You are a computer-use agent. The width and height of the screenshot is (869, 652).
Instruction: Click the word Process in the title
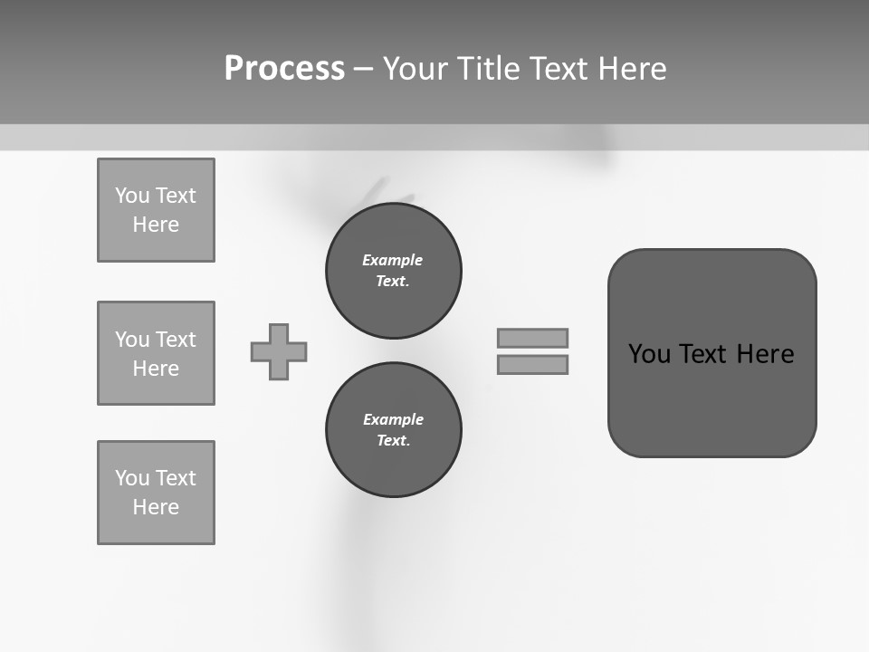(x=284, y=69)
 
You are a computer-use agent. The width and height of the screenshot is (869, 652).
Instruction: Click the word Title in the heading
(x=485, y=69)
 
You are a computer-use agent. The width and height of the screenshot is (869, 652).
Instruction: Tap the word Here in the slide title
(x=631, y=69)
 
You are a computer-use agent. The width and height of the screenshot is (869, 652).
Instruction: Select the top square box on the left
(x=156, y=210)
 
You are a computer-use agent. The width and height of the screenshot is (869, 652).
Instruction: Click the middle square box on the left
(x=156, y=353)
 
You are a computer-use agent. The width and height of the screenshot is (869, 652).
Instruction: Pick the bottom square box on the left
(x=156, y=493)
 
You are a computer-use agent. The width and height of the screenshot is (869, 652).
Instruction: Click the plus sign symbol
(x=279, y=351)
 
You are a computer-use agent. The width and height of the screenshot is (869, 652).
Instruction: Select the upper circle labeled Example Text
(x=393, y=271)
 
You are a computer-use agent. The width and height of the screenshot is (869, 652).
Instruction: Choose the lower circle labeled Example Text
(x=393, y=430)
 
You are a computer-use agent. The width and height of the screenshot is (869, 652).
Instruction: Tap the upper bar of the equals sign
(x=532, y=338)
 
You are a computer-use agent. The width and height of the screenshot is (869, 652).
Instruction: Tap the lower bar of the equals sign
(x=532, y=364)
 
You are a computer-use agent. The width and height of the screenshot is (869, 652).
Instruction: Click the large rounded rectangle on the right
(x=711, y=398)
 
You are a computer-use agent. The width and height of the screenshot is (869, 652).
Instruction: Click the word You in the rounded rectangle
(x=649, y=354)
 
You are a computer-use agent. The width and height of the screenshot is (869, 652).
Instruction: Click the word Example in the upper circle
(x=393, y=260)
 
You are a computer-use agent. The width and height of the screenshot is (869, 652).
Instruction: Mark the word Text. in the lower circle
(x=393, y=441)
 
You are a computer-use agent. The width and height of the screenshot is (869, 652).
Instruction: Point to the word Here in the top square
(x=156, y=225)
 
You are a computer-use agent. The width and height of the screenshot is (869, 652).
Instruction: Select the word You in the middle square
(x=132, y=340)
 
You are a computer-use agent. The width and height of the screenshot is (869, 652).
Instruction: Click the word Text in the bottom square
(x=176, y=478)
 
